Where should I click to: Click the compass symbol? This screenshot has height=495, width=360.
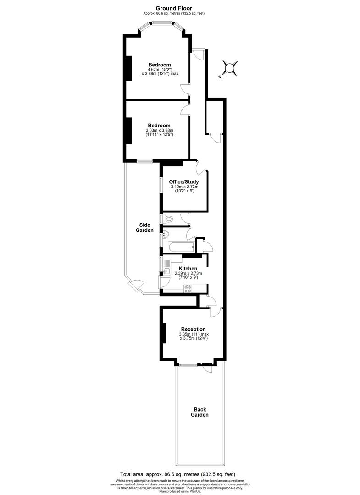229,68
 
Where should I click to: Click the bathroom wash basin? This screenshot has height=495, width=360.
166,235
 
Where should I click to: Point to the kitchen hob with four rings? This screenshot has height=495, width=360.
188,288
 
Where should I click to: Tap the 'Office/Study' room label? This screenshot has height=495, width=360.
184,182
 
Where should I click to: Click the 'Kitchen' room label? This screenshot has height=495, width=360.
188,269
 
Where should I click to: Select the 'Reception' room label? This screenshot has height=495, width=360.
193,329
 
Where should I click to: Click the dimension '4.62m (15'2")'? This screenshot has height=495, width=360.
159,69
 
